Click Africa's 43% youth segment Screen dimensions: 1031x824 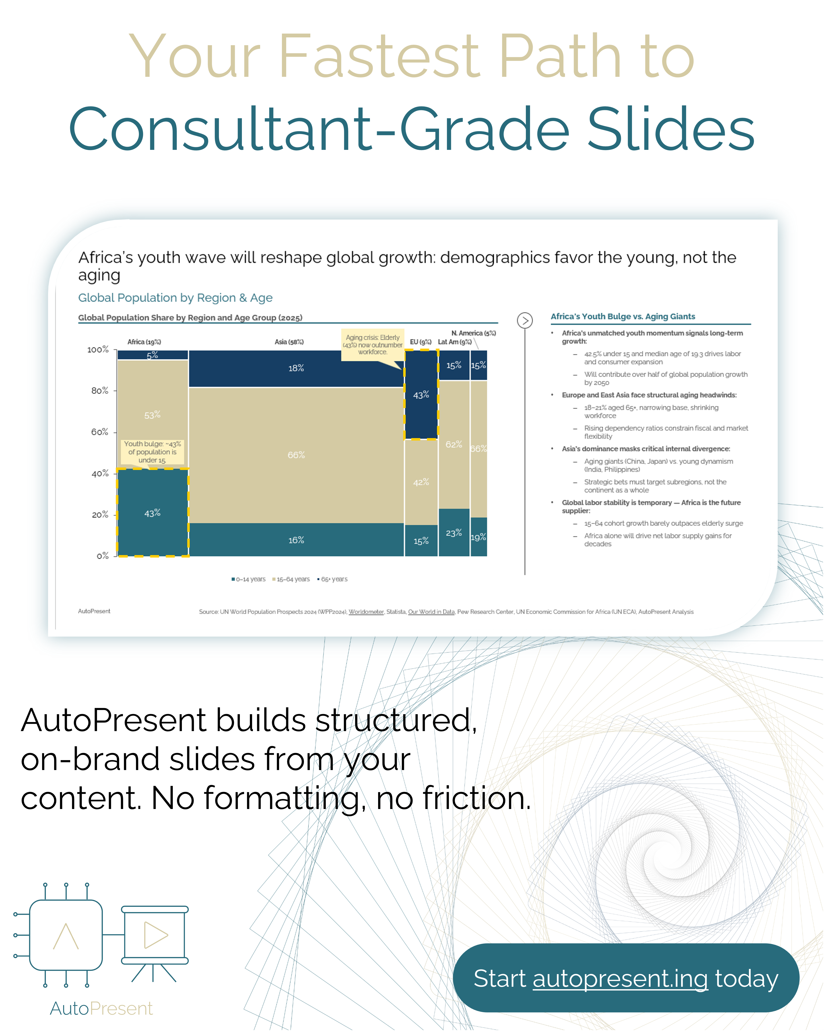(152, 513)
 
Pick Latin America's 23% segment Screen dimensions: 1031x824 (454, 533)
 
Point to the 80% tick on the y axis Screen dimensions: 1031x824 (100, 391)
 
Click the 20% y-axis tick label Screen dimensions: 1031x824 (100, 515)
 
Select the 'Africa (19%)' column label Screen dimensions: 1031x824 (144, 342)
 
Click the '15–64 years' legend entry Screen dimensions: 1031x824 (292, 579)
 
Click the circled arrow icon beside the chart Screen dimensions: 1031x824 (525, 320)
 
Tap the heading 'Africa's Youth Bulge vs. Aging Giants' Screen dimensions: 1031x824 (623, 317)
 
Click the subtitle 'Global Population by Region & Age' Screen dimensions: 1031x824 (175, 298)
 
